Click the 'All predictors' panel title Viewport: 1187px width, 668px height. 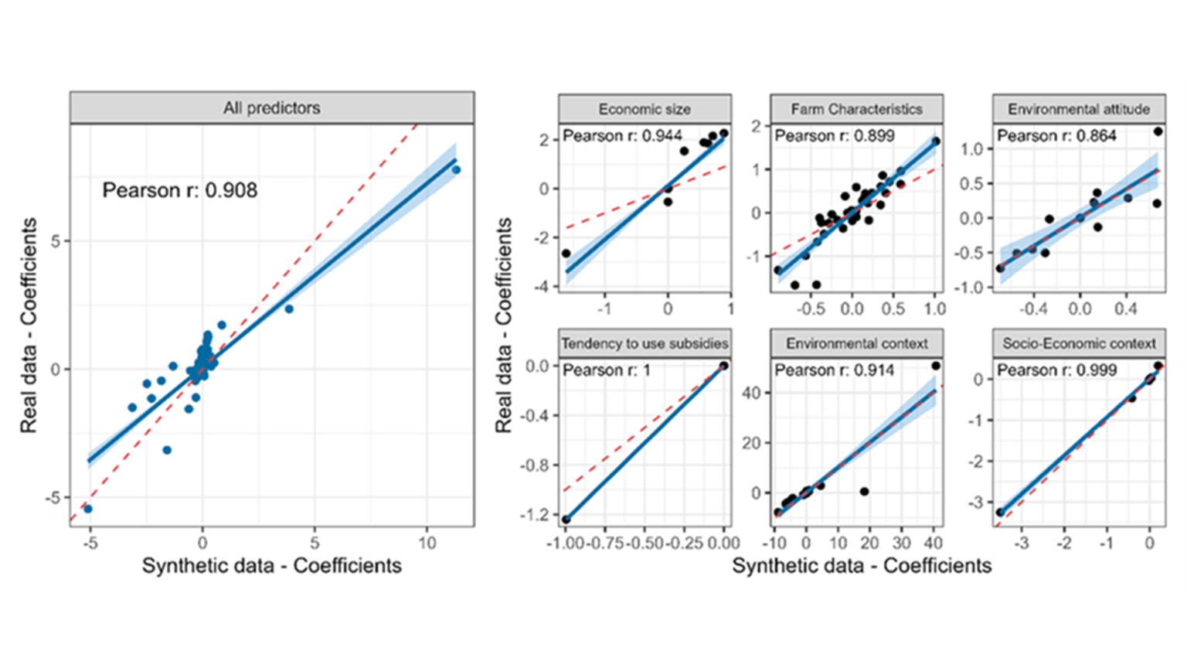point(271,107)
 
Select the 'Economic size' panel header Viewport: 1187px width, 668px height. point(645,109)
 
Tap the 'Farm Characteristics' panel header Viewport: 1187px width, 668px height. point(856,109)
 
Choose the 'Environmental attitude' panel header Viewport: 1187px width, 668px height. point(1079,109)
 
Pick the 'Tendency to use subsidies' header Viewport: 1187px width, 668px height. point(645,343)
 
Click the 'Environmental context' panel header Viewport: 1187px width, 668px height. point(856,343)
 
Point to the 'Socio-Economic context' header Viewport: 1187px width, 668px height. point(1079,343)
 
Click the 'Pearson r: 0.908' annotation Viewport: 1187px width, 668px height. point(180,190)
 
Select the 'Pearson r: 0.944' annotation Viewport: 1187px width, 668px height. point(622,136)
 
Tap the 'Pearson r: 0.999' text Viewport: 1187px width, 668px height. point(1056,370)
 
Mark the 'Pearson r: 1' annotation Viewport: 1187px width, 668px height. point(607,370)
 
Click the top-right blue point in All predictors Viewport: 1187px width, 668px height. point(456,169)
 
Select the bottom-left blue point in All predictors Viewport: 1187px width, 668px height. point(88,508)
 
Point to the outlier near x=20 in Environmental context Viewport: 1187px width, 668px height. point(864,492)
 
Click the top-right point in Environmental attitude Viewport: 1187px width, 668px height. point(1158,131)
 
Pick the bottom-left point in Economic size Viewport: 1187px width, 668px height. point(566,253)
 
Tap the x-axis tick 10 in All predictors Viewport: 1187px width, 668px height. point(427,543)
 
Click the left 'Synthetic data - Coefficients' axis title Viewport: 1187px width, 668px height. point(271,565)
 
